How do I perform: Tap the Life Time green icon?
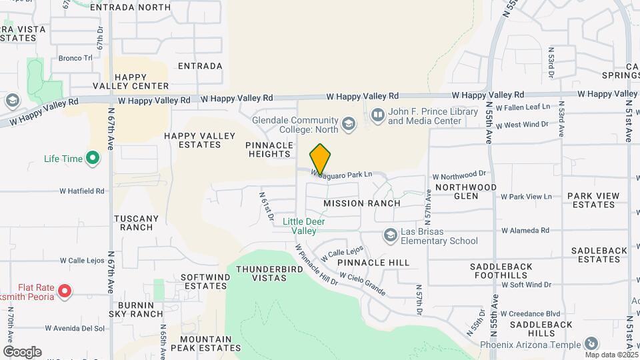[93, 159]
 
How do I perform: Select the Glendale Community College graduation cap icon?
[348, 123]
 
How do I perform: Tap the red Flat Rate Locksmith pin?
[65, 291]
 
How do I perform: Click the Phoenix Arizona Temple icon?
[591, 344]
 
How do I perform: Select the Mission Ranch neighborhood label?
[362, 203]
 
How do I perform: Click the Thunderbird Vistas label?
[260, 274]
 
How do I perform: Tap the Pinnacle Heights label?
[269, 149]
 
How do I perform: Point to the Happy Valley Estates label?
[201, 141]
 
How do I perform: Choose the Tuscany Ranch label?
[137, 223]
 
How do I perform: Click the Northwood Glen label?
[466, 192]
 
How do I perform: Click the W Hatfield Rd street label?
[82, 191]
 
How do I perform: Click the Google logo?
[22, 352]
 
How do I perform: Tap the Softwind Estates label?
[204, 281]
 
